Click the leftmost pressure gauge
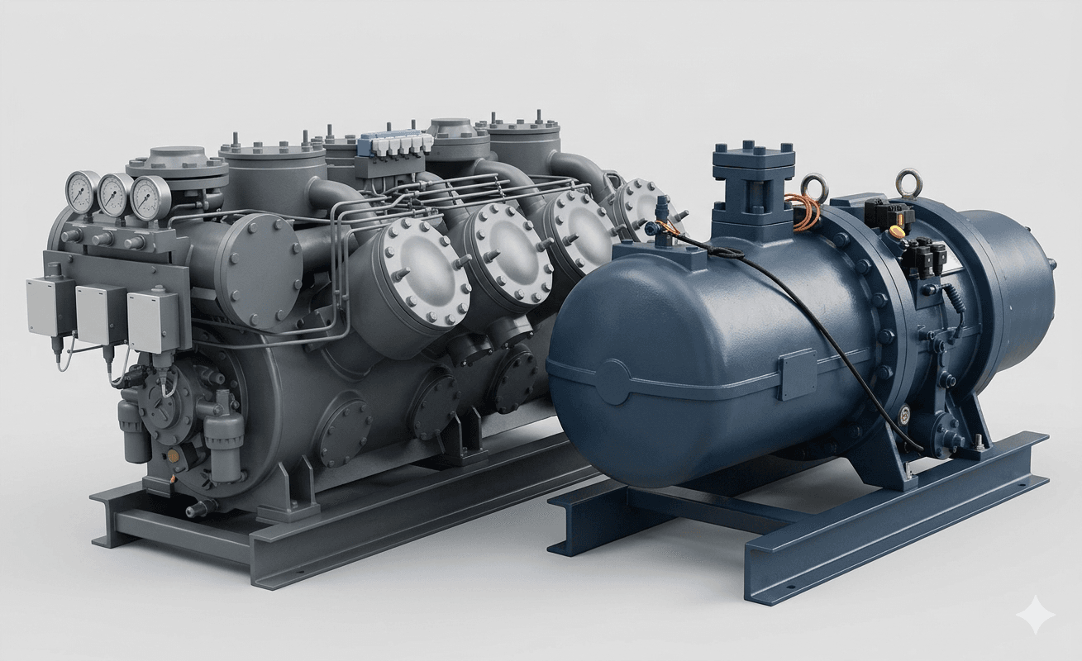pyautogui.click(x=81, y=192)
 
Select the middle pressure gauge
pyautogui.click(x=115, y=195)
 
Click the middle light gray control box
pyautogui.click(x=101, y=313)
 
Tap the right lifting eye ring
pyautogui.click(x=909, y=179)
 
